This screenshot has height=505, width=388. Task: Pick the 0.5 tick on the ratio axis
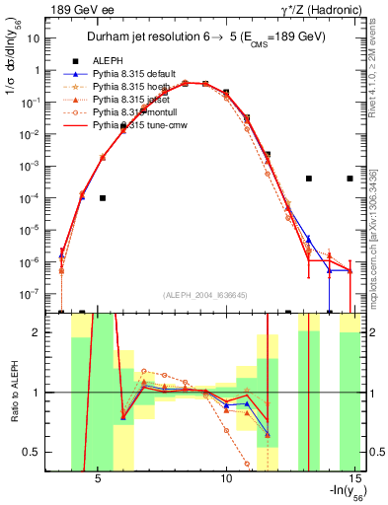(37, 452)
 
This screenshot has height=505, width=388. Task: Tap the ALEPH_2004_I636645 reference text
(205, 295)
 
